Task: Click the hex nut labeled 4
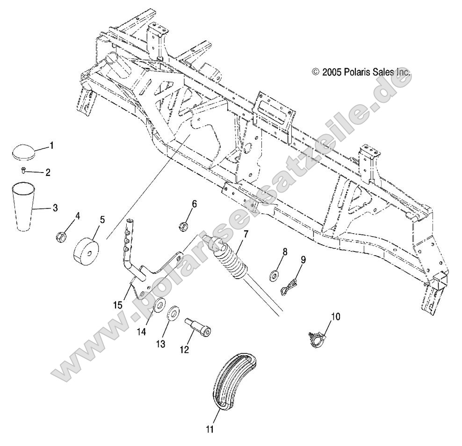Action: [61, 237]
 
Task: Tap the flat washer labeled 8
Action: [274, 272]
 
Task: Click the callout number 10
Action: [336, 317]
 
